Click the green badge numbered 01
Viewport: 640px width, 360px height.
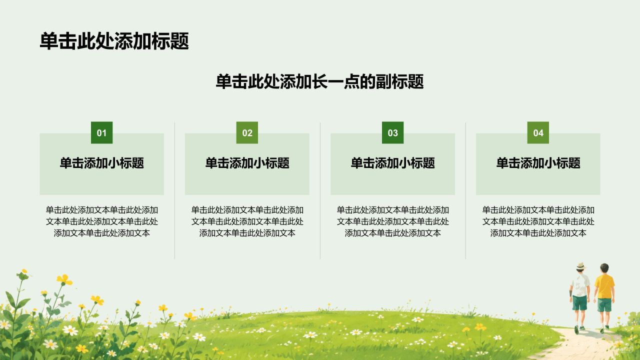[x=101, y=132]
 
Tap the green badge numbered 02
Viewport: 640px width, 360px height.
[x=247, y=132]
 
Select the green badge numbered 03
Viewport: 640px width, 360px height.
[x=393, y=132]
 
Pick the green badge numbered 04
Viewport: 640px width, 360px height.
[x=538, y=132]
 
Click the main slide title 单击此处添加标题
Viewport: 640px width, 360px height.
[x=114, y=41]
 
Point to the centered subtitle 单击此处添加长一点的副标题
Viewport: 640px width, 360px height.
[x=319, y=81]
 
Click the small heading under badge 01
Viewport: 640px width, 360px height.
[x=101, y=163]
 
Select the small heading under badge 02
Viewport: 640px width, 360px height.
[x=247, y=163]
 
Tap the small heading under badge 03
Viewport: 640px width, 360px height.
[x=393, y=163]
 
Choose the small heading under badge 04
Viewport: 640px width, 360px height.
[x=538, y=163]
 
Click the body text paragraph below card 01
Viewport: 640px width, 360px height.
[x=101, y=221]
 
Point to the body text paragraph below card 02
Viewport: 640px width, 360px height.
[x=247, y=221]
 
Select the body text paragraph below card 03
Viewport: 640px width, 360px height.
[x=393, y=221]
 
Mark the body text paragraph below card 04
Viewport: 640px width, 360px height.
[x=538, y=221]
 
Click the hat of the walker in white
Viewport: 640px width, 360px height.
[x=580, y=266]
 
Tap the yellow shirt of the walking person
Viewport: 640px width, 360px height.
[x=604, y=286]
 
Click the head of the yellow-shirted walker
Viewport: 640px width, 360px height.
[x=604, y=268]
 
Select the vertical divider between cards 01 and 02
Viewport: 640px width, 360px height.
[x=174, y=190]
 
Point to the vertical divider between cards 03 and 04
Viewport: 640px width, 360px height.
[x=465, y=190]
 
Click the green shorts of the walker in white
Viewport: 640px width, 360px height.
[x=579, y=303]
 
